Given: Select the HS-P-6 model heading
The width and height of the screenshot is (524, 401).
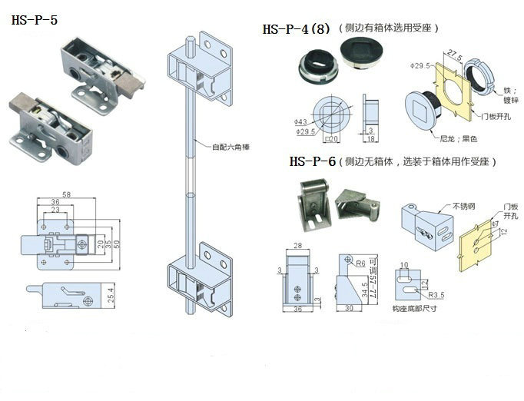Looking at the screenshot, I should (x=313, y=162).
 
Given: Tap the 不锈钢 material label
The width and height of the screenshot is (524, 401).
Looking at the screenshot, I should (x=466, y=206).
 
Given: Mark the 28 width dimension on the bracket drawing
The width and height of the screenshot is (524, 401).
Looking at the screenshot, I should (x=297, y=247).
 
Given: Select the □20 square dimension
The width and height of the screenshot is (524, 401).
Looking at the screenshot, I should (x=335, y=138).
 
